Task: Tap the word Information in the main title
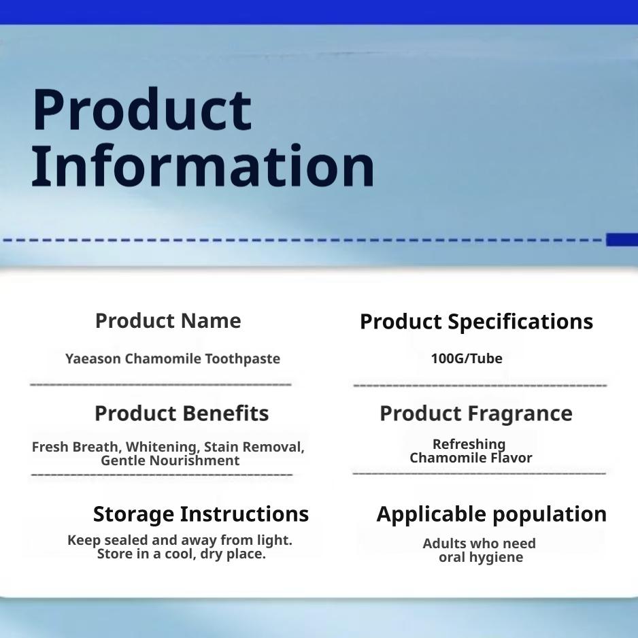(x=203, y=165)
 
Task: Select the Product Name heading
(x=168, y=320)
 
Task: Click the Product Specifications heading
(x=477, y=322)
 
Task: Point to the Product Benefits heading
(x=182, y=414)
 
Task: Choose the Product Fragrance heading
(x=476, y=414)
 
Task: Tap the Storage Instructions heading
(x=201, y=514)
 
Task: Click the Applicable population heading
(x=492, y=514)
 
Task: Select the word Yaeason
(x=93, y=359)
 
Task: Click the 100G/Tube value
(x=467, y=358)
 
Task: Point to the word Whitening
(x=163, y=447)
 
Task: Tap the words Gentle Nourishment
(x=170, y=460)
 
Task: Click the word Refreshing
(x=469, y=444)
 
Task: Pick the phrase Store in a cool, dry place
(x=182, y=554)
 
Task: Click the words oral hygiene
(x=481, y=558)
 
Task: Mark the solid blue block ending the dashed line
(x=622, y=239)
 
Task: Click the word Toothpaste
(x=243, y=359)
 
